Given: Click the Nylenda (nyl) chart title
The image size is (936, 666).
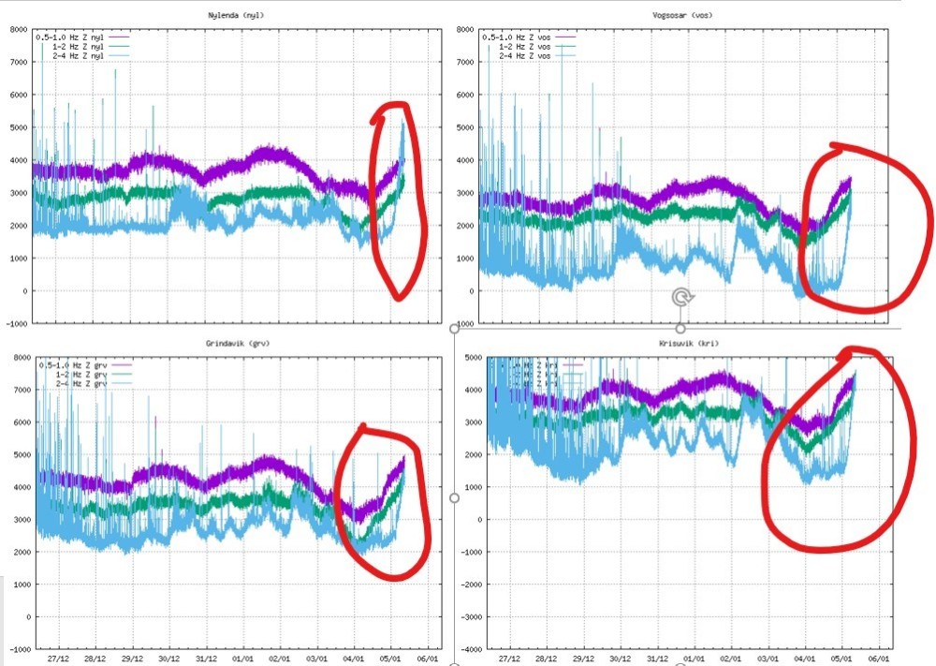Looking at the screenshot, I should coord(228,16).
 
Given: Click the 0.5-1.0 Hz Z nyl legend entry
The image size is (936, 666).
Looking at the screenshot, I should coord(73,37).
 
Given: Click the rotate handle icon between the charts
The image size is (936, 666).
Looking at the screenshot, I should coord(680,298).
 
